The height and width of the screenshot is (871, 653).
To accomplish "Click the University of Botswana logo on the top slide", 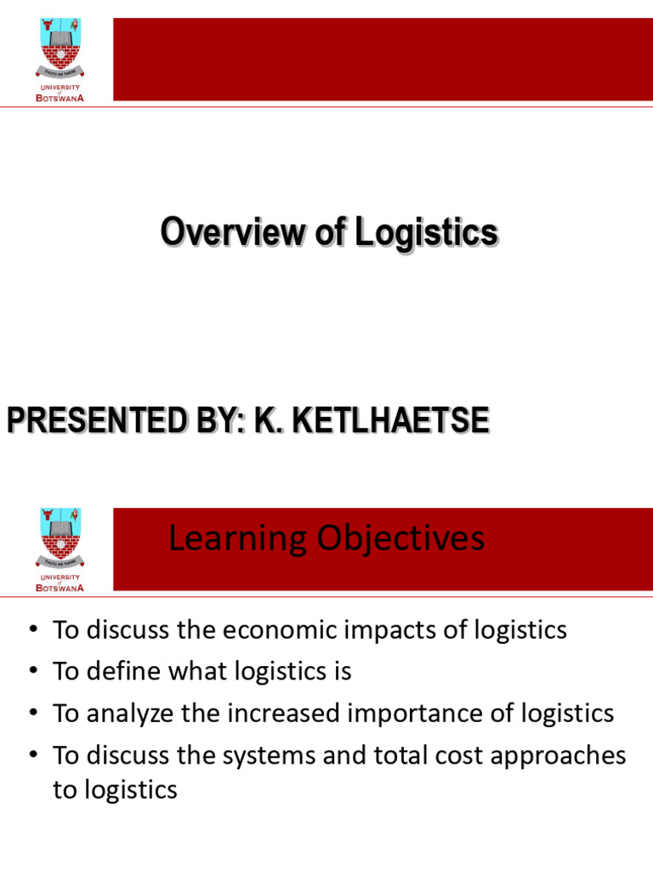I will [60, 56].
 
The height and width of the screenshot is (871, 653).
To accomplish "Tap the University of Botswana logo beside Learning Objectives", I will [60, 547].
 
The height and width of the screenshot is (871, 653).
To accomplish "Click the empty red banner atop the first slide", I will [383, 59].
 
